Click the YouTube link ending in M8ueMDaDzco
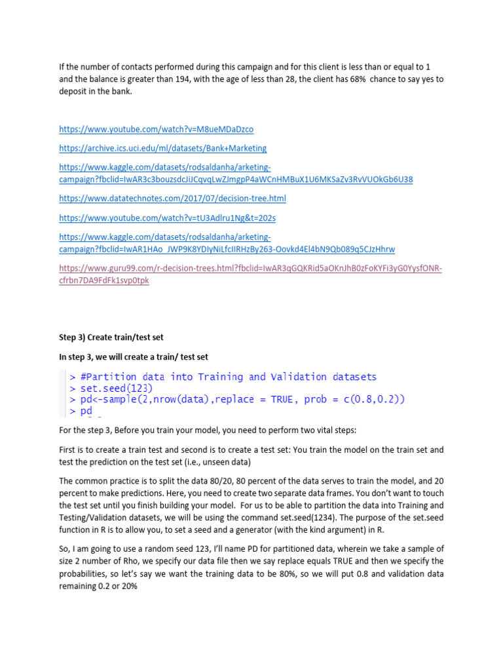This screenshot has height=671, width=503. [x=156, y=129]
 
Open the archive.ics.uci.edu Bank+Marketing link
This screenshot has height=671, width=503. [x=162, y=148]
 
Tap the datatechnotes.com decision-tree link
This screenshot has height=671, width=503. [x=172, y=198]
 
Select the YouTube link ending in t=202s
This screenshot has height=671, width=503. [x=158, y=218]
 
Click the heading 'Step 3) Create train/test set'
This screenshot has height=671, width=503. [x=111, y=337]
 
